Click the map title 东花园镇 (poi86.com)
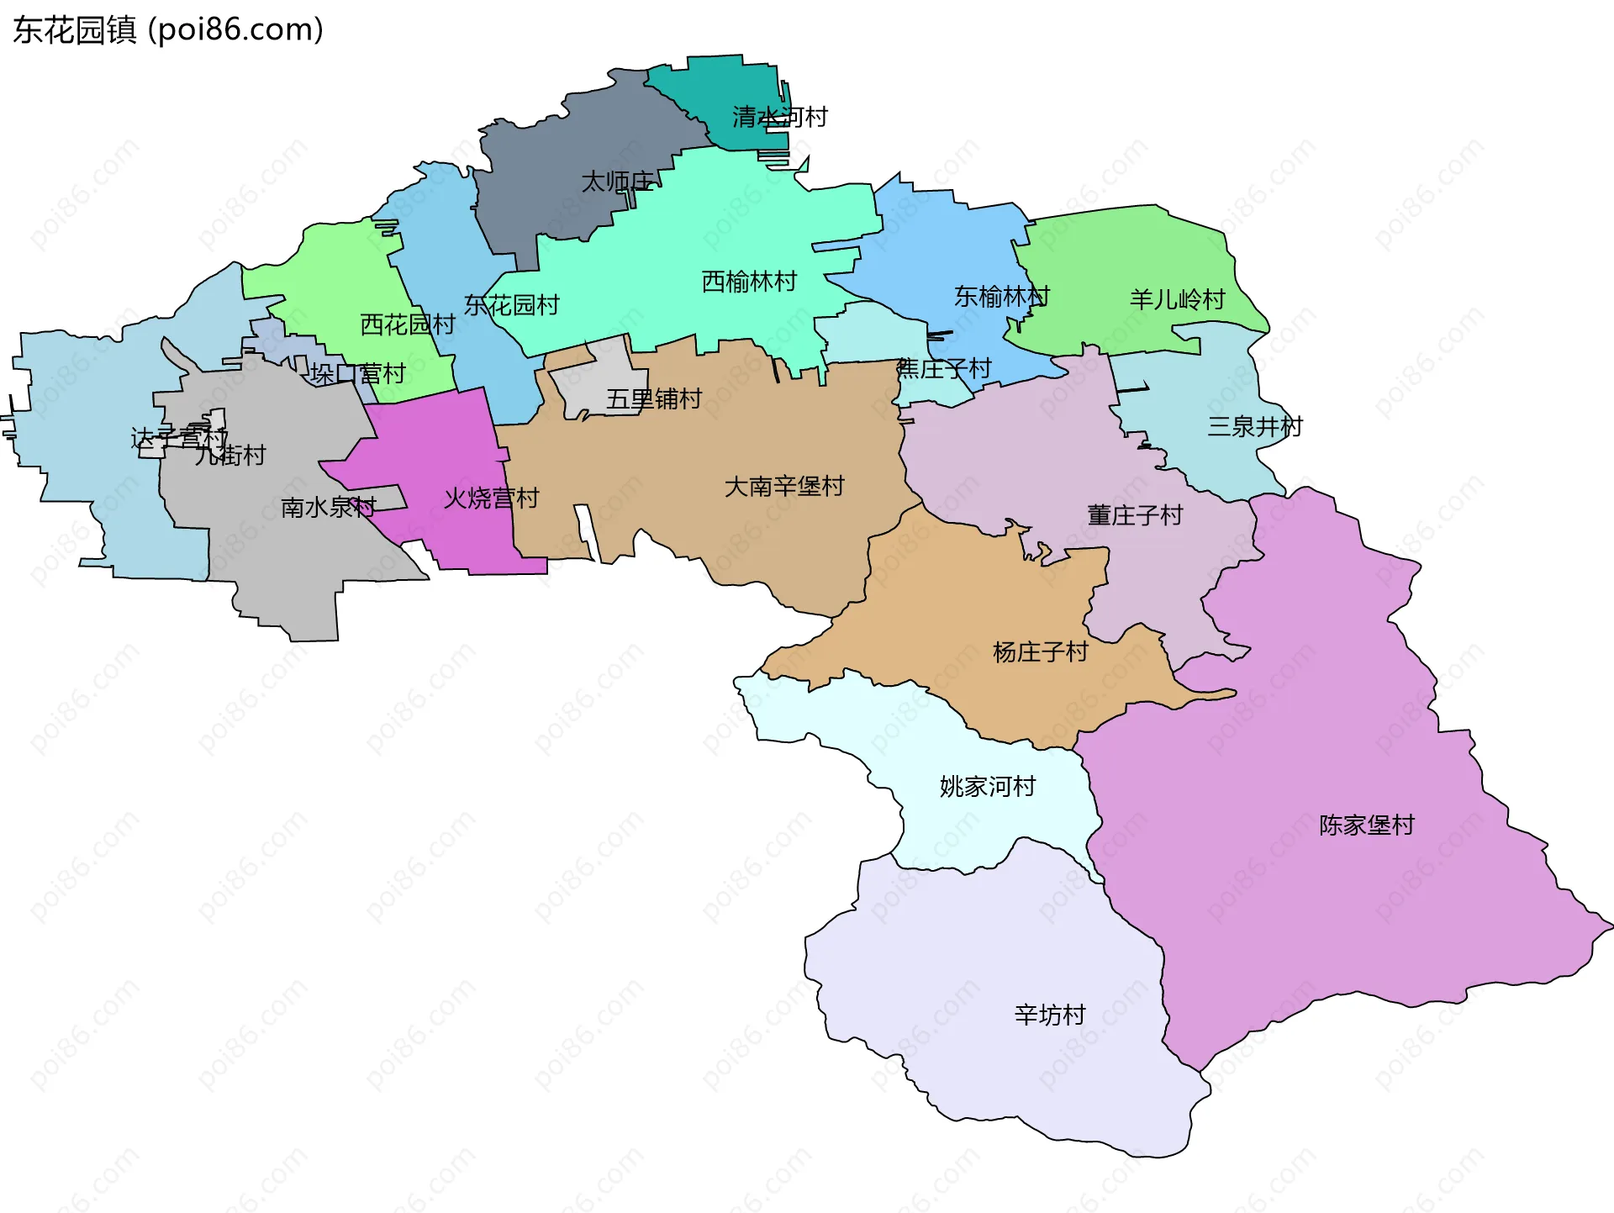168,30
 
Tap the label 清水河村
779,117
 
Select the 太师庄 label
618,182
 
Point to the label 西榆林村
749,282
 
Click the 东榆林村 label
1001,297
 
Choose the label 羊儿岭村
1177,299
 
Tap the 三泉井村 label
1254,427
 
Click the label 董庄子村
1135,515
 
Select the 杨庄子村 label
1040,652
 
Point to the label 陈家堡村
1366,825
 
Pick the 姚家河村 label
987,787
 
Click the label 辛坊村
1050,1015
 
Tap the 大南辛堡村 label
783,487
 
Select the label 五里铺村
653,399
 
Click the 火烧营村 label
491,498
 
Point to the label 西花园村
407,324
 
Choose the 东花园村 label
511,305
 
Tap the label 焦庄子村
944,368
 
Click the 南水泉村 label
328,508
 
